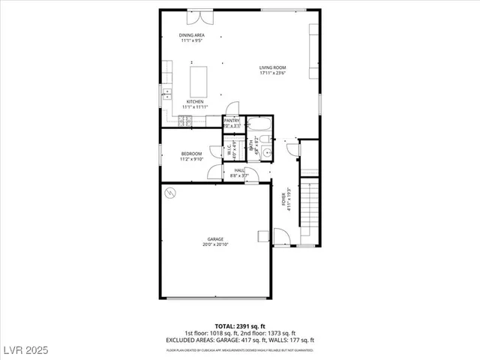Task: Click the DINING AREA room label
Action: click(191, 35)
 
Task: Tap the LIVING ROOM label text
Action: click(273, 67)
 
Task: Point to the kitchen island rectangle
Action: click(199, 81)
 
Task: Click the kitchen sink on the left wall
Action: click(166, 93)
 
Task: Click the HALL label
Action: click(239, 170)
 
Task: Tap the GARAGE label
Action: click(215, 239)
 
